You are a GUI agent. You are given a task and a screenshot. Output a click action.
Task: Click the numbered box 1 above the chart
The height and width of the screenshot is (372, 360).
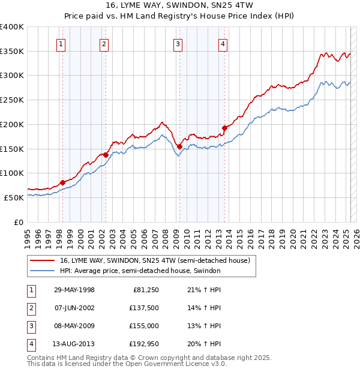tap(62, 43)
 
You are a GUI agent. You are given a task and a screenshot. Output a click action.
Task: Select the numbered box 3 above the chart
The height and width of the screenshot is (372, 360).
tap(179, 43)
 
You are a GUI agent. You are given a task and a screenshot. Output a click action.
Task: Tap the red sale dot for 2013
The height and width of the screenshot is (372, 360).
tap(224, 128)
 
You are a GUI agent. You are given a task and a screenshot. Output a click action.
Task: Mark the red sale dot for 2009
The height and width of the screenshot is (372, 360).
tap(179, 146)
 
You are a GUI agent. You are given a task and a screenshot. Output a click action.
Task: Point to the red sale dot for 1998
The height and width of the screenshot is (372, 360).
tap(62, 182)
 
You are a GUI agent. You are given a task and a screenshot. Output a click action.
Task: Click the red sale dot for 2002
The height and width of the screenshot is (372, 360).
tap(106, 155)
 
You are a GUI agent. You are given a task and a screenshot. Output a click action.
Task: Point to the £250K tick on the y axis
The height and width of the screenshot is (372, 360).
tap(13, 100)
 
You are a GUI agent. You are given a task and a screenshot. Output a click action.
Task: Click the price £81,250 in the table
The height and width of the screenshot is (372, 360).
tap(145, 290)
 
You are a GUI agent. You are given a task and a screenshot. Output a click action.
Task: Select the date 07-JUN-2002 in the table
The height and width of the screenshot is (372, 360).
tap(74, 308)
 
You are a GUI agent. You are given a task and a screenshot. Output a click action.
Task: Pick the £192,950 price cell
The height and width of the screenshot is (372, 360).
tap(143, 344)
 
